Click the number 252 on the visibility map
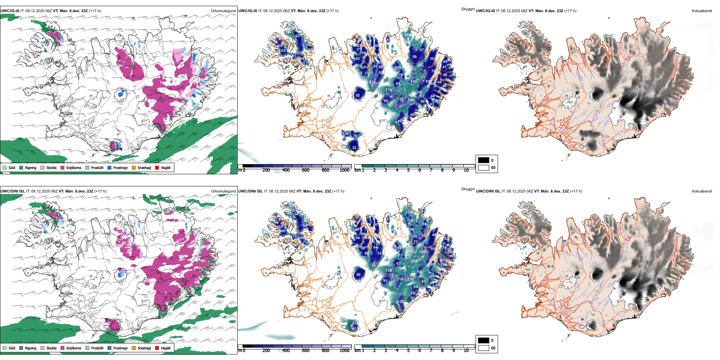[x=407, y=35]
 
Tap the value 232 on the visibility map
[x=373, y=82]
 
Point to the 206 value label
[x=410, y=100]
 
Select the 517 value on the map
[x=414, y=252]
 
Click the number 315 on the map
[x=410, y=279]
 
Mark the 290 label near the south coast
[x=344, y=319]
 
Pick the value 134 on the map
[x=389, y=90]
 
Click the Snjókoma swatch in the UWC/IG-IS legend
[x=63, y=167]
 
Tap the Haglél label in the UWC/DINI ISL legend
[x=166, y=348]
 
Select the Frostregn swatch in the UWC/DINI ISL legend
[x=110, y=348]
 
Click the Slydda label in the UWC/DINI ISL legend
[x=51, y=348]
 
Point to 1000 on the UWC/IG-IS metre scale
[x=344, y=170]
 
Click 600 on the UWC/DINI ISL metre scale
[x=306, y=351]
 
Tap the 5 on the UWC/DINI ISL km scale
[x=409, y=351]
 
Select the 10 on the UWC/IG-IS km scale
[x=466, y=170]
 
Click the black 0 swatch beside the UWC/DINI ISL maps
[x=484, y=340]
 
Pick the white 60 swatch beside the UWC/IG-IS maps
[x=484, y=167]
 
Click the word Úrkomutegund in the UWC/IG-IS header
[x=224, y=11]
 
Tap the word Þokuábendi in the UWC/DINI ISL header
[x=702, y=191]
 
